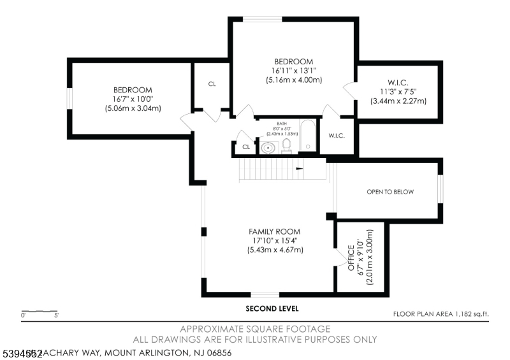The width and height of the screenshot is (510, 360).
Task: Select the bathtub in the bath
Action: tap(307, 136)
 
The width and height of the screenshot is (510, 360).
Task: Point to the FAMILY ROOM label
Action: tap(275, 231)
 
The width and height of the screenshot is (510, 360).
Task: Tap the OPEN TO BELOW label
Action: tap(390, 192)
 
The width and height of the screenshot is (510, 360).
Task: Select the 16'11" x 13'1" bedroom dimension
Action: tap(293, 71)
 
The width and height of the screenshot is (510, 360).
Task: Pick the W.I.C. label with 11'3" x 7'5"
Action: tap(398, 91)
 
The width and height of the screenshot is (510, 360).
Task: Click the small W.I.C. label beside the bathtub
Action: tap(337, 135)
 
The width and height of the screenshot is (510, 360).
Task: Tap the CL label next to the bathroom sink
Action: tap(246, 147)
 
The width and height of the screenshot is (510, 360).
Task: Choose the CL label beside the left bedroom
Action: tap(212, 83)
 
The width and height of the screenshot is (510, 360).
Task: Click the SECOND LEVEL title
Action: tap(272, 308)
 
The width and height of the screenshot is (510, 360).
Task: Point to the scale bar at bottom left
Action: tap(40, 312)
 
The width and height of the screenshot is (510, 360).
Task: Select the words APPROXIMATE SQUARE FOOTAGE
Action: tap(255, 329)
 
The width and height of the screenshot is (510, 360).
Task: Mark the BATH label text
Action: tap(282, 124)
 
